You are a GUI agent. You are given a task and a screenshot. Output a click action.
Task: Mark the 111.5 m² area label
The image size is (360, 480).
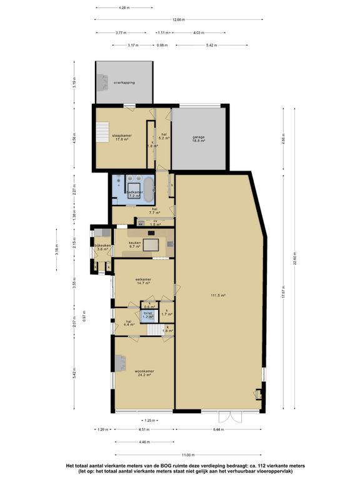click(217, 295)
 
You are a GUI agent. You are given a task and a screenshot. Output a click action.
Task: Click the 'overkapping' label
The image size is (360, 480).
click(124, 82)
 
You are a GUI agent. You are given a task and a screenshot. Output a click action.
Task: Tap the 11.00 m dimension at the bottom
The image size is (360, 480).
click(186, 455)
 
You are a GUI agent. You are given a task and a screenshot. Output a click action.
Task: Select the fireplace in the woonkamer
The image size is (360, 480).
click(119, 363)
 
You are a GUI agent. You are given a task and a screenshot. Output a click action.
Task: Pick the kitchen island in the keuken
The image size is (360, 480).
click(151, 244)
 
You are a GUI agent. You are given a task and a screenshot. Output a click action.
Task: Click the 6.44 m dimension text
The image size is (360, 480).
click(219, 429)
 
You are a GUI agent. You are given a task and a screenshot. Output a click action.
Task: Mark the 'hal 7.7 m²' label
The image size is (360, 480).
click(152, 211)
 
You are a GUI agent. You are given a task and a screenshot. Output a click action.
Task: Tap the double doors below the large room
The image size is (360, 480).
click(238, 415)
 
